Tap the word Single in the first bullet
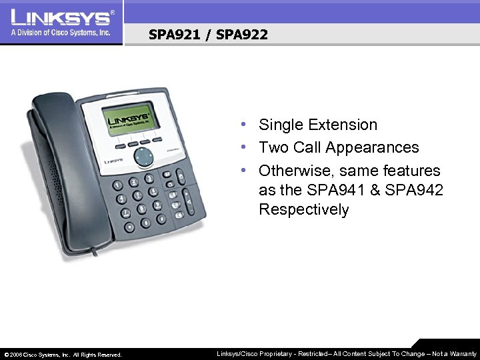(x=279, y=125)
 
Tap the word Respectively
(x=303, y=209)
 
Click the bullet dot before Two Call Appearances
(x=246, y=147)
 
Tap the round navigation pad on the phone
(x=143, y=157)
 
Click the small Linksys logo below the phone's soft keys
(x=114, y=161)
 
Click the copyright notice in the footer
(x=63, y=355)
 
